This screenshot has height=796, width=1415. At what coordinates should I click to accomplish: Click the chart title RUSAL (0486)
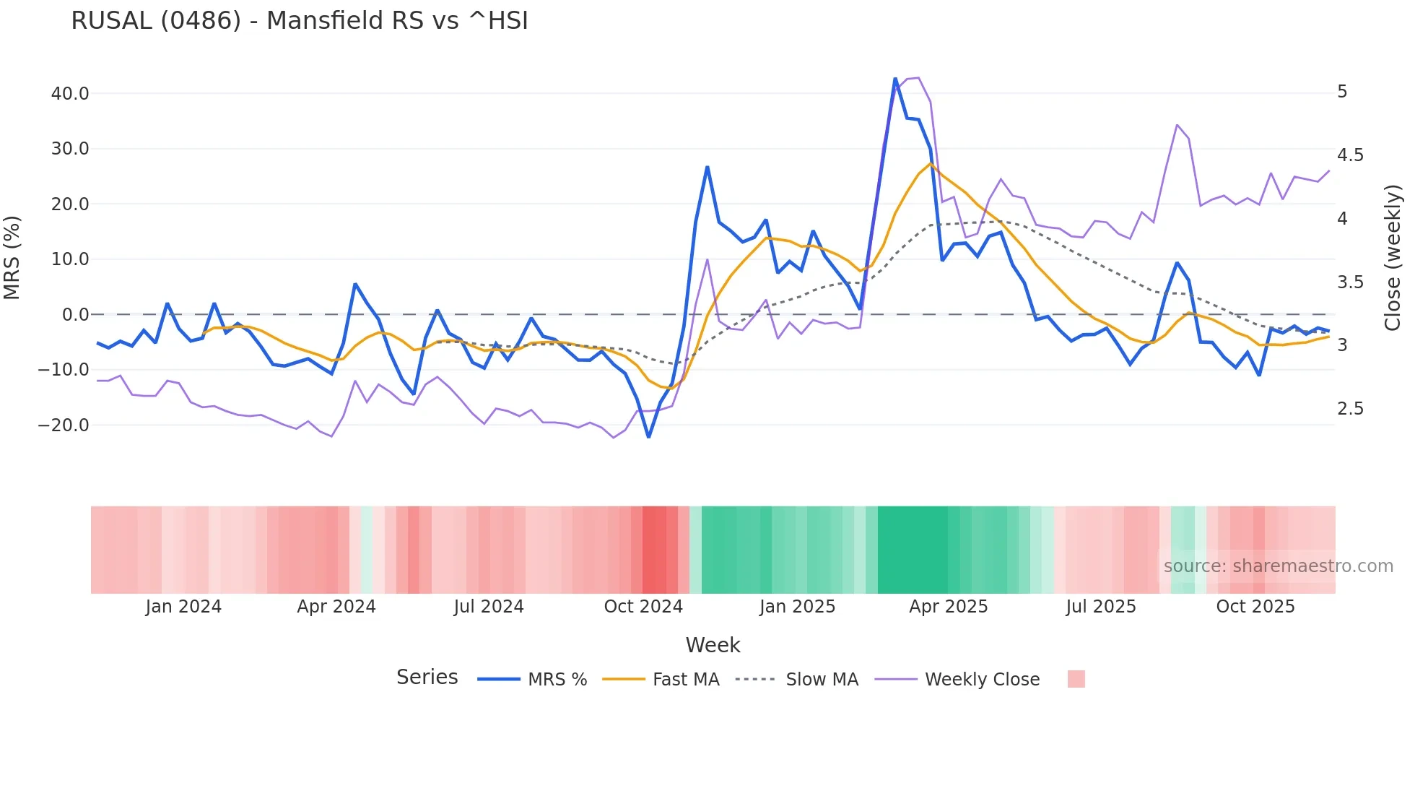[299, 21]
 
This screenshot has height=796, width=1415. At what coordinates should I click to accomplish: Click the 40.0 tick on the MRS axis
[70, 94]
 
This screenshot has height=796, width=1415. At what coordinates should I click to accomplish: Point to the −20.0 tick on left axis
[64, 425]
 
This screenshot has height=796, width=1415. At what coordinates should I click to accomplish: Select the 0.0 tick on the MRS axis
[75, 315]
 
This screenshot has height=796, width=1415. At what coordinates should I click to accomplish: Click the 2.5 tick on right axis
[1350, 409]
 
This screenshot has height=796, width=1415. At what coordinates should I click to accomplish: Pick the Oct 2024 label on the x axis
[643, 607]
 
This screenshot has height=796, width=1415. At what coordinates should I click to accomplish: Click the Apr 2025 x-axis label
[948, 607]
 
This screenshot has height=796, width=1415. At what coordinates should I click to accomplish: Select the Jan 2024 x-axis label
[183, 607]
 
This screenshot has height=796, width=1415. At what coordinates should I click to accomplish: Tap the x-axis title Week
[713, 645]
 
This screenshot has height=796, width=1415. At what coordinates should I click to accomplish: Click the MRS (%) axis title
[12, 258]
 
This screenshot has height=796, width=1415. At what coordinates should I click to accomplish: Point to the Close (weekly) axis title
[1393, 258]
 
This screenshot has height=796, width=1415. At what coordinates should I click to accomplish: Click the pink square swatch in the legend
[1076, 679]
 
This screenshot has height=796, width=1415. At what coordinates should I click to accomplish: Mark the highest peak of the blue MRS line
[895, 79]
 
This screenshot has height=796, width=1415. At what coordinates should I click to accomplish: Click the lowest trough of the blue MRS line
[648, 437]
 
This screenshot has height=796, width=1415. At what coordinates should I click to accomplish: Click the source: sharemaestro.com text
[1278, 566]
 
